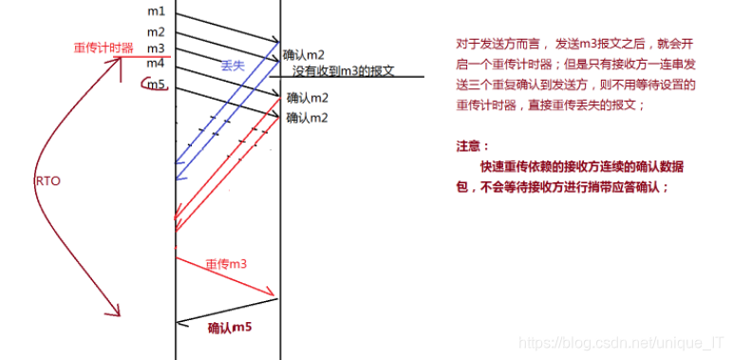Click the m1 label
[156, 11]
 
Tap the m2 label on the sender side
[156, 32]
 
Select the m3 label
[156, 47]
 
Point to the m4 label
[156, 64]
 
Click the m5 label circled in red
[156, 85]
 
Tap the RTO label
[47, 180]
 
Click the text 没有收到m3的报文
[343, 71]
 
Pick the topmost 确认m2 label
[307, 55]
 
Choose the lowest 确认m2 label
[308, 117]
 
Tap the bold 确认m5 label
[230, 328]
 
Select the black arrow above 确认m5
[228, 312]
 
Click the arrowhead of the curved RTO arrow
[117, 312]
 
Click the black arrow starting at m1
[228, 28]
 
